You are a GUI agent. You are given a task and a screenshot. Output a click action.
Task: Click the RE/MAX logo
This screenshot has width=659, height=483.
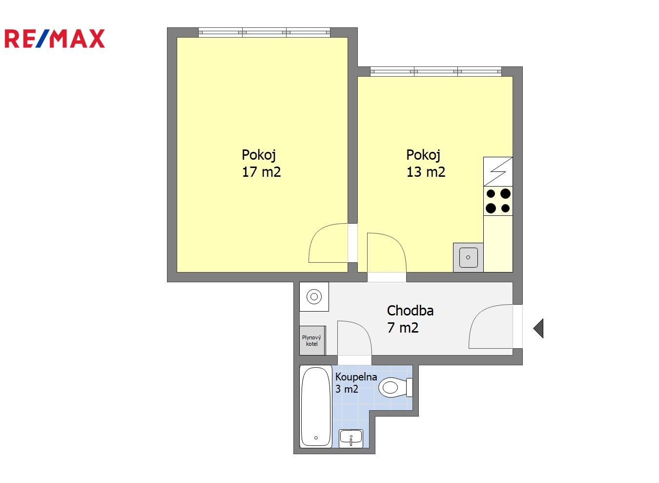[x=55, y=39]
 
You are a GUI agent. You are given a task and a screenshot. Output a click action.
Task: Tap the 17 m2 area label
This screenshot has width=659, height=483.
[x=261, y=172]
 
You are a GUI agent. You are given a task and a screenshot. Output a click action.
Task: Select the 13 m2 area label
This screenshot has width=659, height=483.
[x=426, y=172]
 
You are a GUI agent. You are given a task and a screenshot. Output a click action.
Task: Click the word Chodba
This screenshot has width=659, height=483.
[x=410, y=311]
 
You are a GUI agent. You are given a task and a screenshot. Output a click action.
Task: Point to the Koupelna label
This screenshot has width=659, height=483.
[x=356, y=377]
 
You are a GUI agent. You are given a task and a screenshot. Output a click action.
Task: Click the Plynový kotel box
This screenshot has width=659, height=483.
[x=312, y=340]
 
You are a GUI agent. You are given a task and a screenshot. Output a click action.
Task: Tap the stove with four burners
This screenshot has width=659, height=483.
[x=498, y=201]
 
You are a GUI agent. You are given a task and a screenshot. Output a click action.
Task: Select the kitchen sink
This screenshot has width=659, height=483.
[x=468, y=257]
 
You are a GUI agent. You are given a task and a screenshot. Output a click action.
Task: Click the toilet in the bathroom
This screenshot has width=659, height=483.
[x=395, y=388]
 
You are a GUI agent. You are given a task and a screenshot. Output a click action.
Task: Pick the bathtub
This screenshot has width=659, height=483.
[x=316, y=406]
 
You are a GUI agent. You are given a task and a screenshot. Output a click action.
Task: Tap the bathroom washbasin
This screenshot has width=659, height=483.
[x=351, y=439]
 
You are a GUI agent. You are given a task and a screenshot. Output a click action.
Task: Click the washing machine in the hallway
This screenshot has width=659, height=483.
[x=314, y=296]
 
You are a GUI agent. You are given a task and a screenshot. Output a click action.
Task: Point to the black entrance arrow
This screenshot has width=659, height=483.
[x=538, y=328]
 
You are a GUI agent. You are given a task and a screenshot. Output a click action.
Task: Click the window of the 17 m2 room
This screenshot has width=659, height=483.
[x=264, y=32]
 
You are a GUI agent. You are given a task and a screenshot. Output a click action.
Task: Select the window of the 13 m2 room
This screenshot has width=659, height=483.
[x=436, y=71]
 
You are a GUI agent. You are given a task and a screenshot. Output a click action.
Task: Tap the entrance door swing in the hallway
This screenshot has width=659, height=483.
[x=476, y=317]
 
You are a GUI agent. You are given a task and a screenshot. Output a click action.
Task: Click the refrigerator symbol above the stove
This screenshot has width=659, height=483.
[x=498, y=171]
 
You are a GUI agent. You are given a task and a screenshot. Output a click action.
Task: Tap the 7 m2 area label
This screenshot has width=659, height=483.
[x=403, y=328]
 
